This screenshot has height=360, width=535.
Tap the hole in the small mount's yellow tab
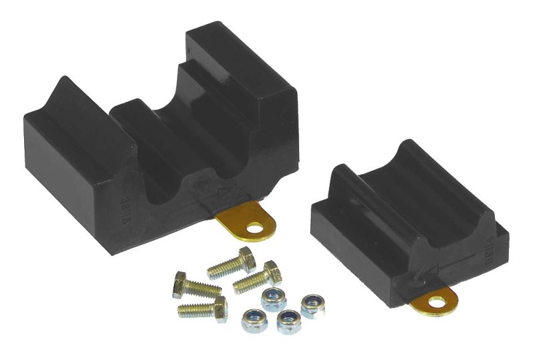(x=438, y=303)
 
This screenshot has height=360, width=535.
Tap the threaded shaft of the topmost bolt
(x=223, y=268)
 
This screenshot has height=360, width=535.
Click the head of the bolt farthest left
(x=179, y=284)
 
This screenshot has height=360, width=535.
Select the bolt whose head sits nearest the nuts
(x=272, y=272)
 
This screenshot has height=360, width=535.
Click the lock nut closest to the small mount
(x=312, y=305)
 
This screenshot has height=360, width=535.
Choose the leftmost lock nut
(x=254, y=320)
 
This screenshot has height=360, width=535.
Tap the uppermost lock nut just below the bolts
(x=273, y=298)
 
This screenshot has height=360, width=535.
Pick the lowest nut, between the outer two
(x=289, y=321)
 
